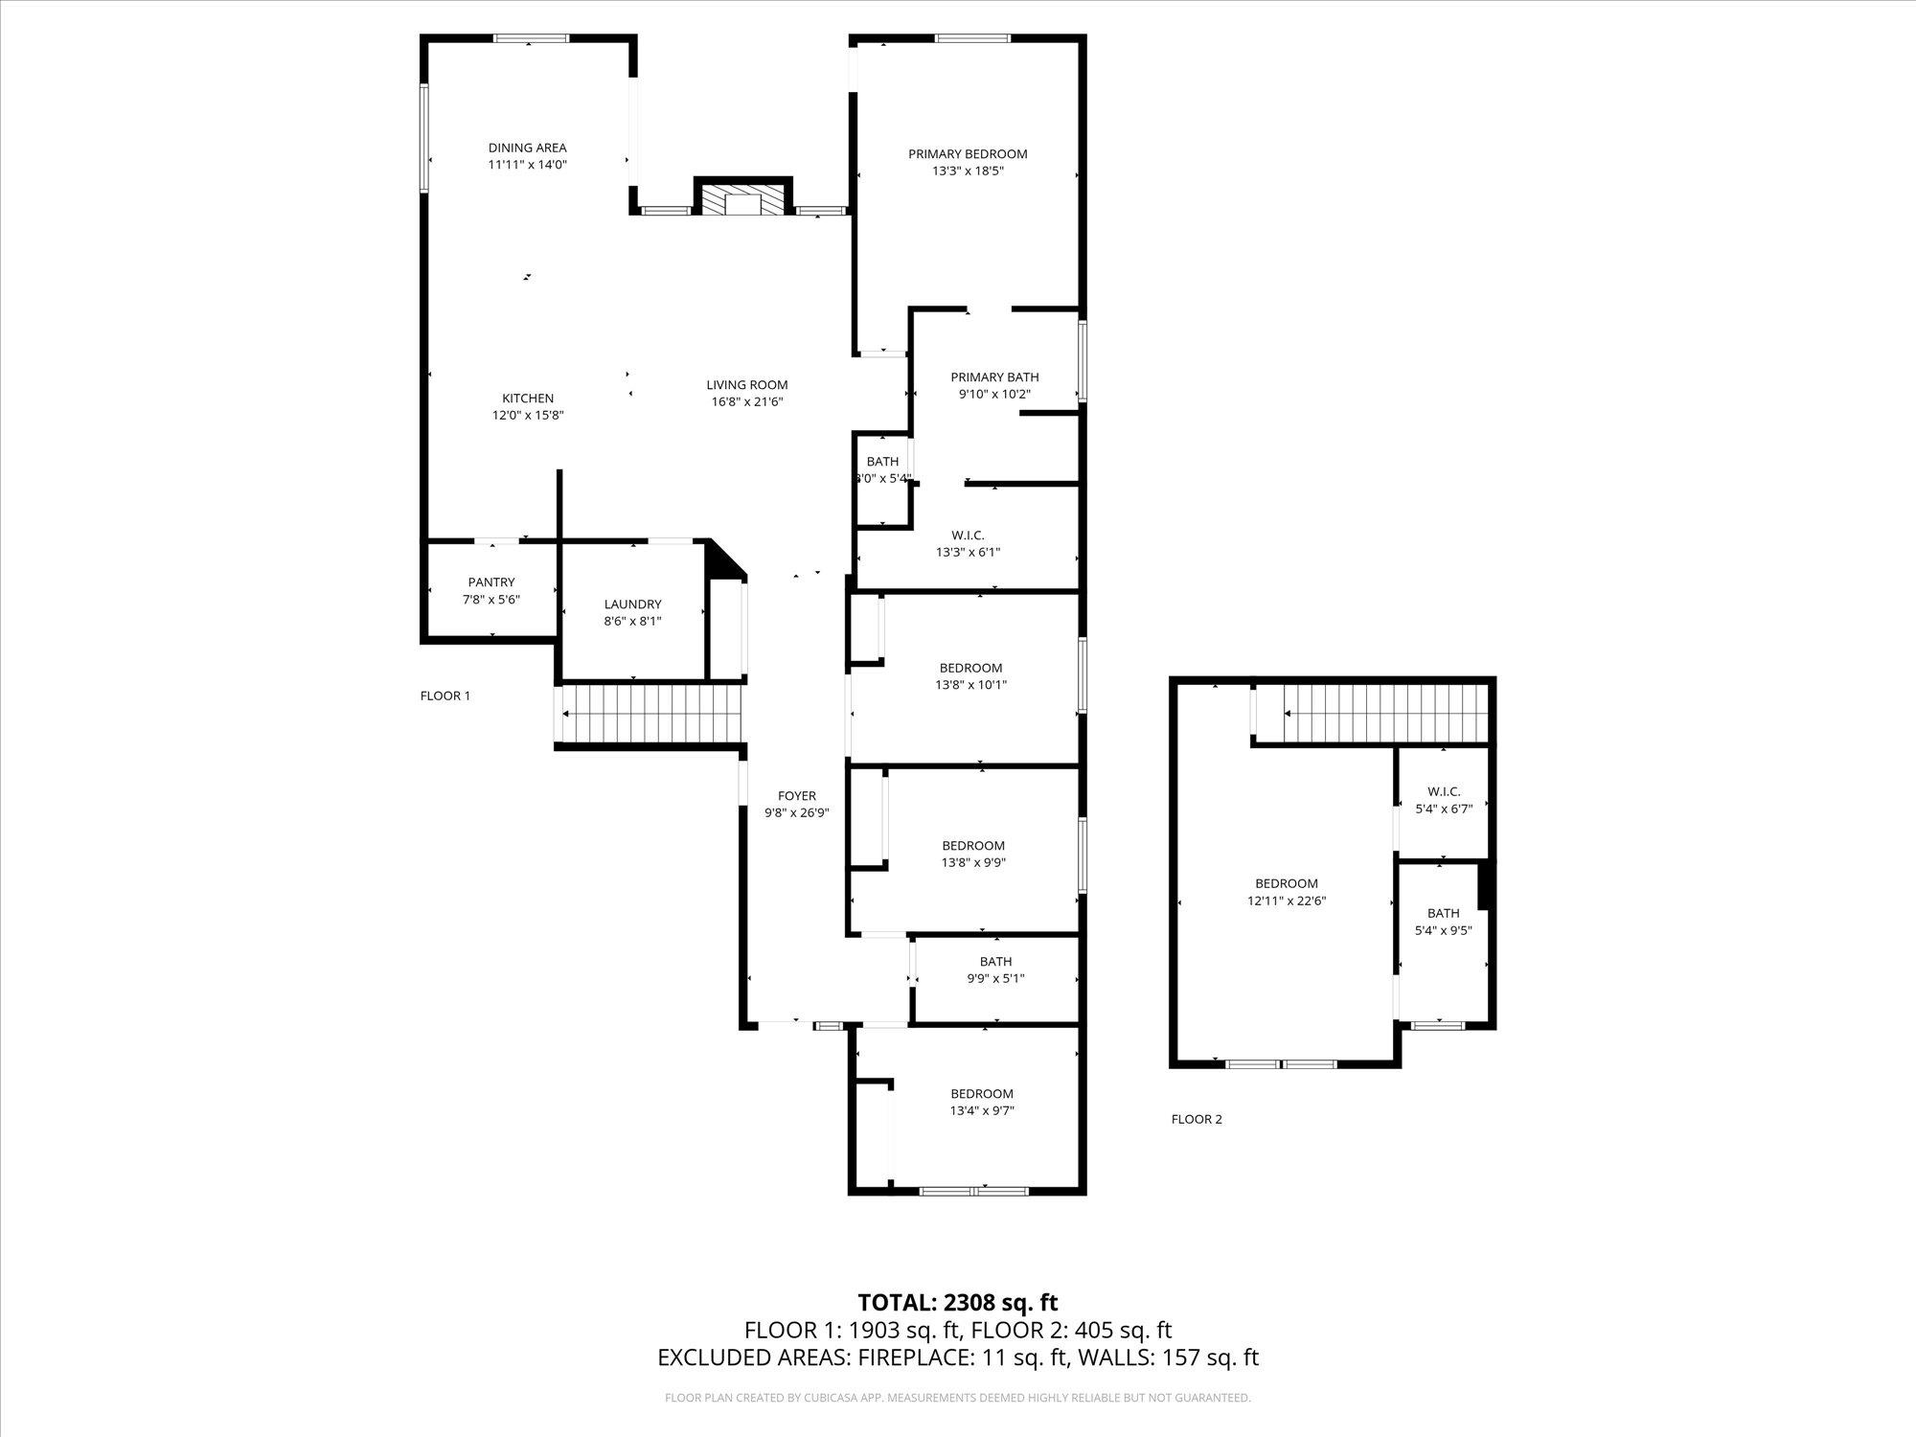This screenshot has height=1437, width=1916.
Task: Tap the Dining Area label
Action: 527,148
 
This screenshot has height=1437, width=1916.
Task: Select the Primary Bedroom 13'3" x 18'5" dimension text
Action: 968,171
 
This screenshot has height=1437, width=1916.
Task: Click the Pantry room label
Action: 491,582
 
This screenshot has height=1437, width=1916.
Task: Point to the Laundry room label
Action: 632,604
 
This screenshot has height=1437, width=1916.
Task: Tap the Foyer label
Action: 796,795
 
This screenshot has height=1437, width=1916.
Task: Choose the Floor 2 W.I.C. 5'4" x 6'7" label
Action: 1444,791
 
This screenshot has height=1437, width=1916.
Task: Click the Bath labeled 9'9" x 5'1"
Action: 995,962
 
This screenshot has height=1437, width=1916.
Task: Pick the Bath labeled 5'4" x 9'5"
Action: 1443,913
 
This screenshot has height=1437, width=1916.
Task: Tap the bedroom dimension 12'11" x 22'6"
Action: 1287,901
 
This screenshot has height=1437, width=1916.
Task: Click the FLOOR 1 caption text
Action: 445,696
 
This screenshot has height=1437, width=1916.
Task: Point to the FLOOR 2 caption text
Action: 1197,1119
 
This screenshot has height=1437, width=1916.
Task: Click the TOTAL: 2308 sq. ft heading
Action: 957,1302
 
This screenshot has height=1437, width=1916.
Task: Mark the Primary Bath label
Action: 994,376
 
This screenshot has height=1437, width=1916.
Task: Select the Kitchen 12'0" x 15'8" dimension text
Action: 527,416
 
